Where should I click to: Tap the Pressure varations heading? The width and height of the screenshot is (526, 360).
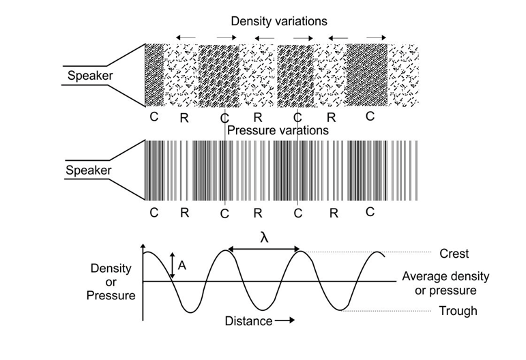tap(278, 130)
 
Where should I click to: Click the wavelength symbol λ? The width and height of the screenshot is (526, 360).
tap(265, 237)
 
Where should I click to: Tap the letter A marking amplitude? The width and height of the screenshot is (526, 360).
tap(181, 265)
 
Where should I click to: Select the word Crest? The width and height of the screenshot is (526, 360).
tap(454, 254)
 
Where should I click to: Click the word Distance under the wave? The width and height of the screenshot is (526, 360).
tap(248, 320)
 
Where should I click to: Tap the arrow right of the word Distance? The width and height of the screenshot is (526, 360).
tap(285, 320)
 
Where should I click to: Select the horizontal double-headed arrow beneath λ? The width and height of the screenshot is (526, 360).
tap(264, 251)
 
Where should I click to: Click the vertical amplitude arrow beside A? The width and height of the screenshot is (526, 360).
tap(172, 265)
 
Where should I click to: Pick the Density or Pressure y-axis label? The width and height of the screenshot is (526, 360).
tap(111, 282)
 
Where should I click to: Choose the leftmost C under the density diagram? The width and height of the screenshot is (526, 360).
tap(154, 117)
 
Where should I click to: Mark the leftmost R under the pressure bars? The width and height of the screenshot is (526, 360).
tap(184, 213)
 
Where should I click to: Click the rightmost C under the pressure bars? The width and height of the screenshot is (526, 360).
tap(370, 211)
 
